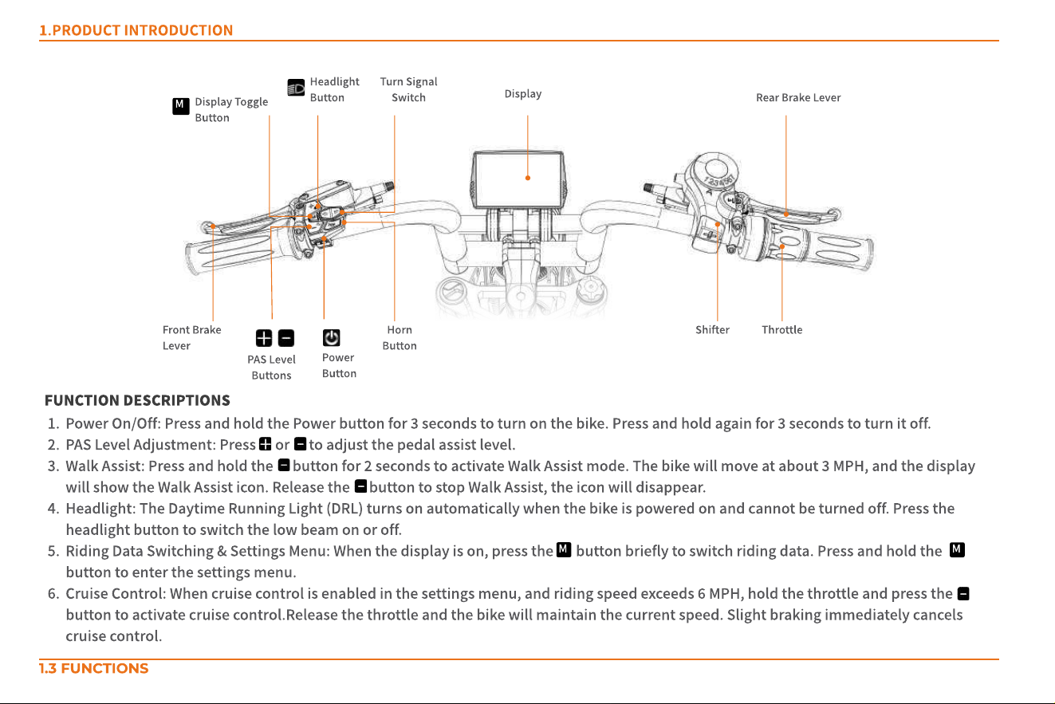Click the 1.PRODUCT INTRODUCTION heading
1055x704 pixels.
click(x=136, y=30)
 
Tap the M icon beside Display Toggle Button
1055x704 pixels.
click(x=180, y=106)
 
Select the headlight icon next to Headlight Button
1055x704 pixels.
click(x=296, y=87)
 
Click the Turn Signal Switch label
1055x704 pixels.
click(x=408, y=89)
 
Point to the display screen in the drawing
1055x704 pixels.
click(x=518, y=179)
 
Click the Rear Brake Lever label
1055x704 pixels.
click(x=798, y=97)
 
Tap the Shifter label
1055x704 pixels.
click(x=712, y=329)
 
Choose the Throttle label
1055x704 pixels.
click(x=781, y=329)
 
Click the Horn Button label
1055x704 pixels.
click(x=400, y=337)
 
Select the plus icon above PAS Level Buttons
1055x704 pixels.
click(x=264, y=338)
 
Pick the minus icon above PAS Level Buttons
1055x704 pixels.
click(x=286, y=338)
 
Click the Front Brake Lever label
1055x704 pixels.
click(x=191, y=337)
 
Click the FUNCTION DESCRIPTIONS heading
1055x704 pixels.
click(x=137, y=400)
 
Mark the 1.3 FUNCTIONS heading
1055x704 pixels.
click(x=94, y=668)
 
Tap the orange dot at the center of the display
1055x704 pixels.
click(x=528, y=178)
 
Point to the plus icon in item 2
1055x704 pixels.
click(x=266, y=444)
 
